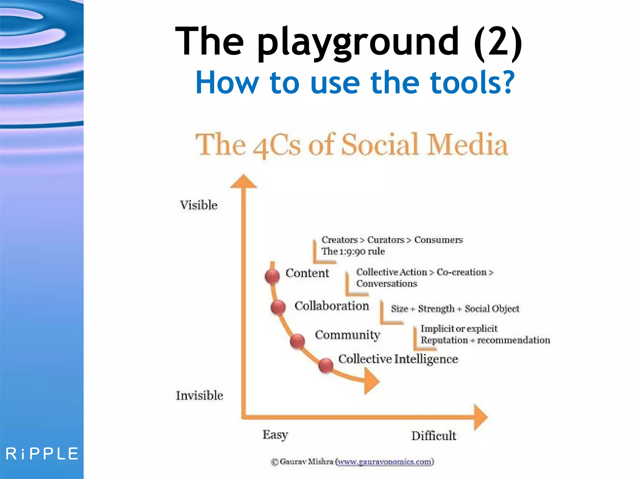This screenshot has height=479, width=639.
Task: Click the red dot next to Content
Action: (272, 276)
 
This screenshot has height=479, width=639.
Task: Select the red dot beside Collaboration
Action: (278, 307)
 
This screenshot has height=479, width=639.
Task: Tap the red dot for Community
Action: (297, 341)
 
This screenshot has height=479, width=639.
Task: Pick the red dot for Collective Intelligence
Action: (326, 365)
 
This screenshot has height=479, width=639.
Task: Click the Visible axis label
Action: (199, 205)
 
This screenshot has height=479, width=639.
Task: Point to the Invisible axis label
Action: (199, 395)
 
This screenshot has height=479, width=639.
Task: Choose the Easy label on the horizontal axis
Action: (275, 435)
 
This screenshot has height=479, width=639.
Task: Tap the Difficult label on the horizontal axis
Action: (433, 436)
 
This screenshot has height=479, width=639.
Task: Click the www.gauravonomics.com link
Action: (385, 462)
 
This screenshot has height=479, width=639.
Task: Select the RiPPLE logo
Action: (42, 454)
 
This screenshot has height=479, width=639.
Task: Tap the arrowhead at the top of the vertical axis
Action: (243, 181)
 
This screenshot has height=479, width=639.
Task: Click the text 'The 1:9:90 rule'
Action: (353, 251)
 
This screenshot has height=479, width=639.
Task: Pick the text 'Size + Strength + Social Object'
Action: (455, 309)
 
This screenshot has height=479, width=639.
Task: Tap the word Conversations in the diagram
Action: (387, 284)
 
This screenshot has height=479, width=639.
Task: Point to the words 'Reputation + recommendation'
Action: (485, 340)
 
